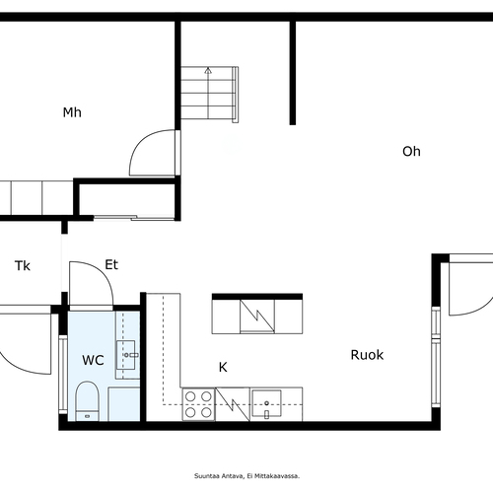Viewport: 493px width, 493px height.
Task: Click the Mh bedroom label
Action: click(72, 112)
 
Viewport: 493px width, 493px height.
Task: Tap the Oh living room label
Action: click(411, 151)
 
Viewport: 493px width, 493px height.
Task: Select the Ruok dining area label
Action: click(367, 355)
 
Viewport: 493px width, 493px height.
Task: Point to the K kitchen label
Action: click(223, 367)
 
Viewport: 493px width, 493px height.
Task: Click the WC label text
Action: click(93, 360)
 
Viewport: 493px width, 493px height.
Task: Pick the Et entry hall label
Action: click(111, 264)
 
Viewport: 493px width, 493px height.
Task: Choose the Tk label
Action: click(23, 265)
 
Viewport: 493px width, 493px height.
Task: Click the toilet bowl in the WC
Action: click(88, 401)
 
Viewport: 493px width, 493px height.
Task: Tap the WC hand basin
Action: click(126, 355)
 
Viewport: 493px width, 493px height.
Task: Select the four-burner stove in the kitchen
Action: click(198, 404)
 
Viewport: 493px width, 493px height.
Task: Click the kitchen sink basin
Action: click(266, 403)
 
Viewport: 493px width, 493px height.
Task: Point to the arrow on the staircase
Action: click(208, 93)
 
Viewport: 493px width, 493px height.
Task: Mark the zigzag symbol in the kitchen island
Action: click(257, 316)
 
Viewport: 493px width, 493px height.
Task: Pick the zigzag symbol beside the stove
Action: click(233, 404)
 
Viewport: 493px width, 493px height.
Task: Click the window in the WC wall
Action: click(63, 375)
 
